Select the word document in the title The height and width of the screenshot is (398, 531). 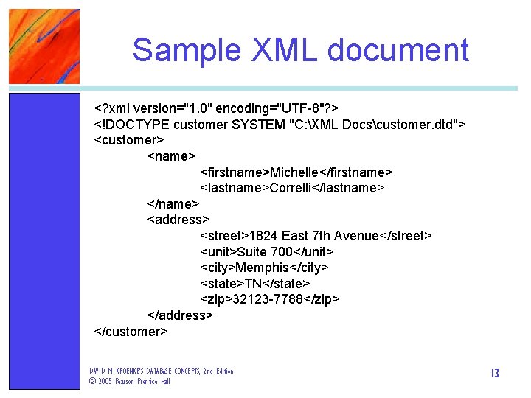coord(398,50)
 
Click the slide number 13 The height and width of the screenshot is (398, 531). coord(494,374)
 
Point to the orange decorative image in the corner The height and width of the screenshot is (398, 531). coord(44,46)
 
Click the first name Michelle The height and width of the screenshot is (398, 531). coord(298,172)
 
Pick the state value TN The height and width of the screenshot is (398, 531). coord(254,283)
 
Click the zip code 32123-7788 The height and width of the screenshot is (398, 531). coord(268,298)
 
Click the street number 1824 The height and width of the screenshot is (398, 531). coord(263,235)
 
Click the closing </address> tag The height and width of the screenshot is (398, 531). coord(181,315)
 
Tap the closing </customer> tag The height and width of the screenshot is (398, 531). coord(131,331)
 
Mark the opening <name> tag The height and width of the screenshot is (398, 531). coord(171,156)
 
